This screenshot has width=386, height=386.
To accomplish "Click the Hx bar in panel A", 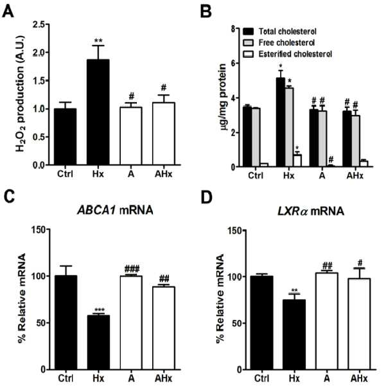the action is click(98, 112).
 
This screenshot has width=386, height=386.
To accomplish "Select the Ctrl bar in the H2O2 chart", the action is click(66, 137).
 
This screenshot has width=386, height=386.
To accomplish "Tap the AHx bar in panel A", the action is click(164, 134).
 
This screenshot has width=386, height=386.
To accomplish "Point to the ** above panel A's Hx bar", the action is click(98, 40).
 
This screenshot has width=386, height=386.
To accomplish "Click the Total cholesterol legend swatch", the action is click(248, 31).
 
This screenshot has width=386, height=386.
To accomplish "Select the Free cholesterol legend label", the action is click(286, 42).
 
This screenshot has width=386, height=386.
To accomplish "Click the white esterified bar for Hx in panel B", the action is click(297, 161).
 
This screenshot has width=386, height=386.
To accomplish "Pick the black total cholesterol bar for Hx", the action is click(281, 122).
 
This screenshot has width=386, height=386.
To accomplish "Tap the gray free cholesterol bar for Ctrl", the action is click(256, 137).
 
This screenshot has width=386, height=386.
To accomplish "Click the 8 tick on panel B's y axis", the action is click(233, 29).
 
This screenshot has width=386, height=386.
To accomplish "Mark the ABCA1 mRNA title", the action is click(115, 211).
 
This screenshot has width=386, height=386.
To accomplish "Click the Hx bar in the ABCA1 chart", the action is click(98, 342).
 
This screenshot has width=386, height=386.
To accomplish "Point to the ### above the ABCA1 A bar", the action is click(132, 268).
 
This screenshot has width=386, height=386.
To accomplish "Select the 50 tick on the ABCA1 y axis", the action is click(40, 322).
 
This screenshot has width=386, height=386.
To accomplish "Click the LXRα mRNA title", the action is click(311, 211).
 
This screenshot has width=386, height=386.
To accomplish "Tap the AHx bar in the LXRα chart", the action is click(359, 324).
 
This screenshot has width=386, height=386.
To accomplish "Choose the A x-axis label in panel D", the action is click(327, 378).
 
